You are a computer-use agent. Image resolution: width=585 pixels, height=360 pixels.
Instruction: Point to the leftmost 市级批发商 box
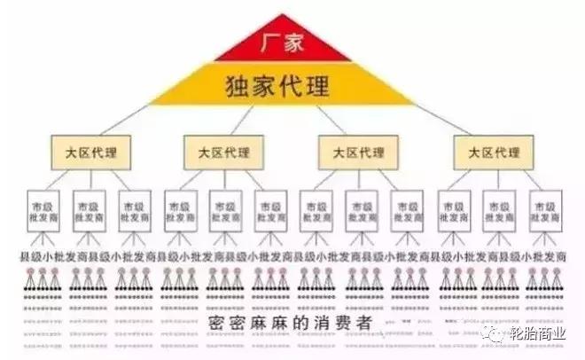40,211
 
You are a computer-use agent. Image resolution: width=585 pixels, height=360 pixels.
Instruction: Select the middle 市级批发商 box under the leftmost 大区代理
88,211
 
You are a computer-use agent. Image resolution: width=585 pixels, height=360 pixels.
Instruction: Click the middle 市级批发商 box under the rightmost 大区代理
498,211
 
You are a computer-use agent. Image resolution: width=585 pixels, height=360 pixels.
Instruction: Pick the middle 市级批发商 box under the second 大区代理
224,211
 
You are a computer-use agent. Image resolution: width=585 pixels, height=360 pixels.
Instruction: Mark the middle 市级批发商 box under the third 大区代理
361,211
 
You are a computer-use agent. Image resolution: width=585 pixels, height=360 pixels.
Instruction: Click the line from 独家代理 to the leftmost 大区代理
133,115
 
